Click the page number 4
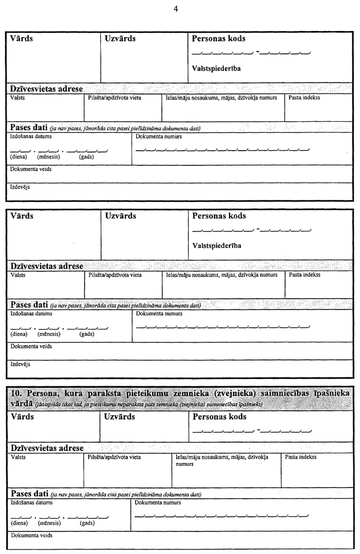(x=176, y=8)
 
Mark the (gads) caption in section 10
(x=87, y=522)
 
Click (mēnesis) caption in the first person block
(x=49, y=157)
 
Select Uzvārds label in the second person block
(x=120, y=216)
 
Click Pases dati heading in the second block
(x=28, y=304)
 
